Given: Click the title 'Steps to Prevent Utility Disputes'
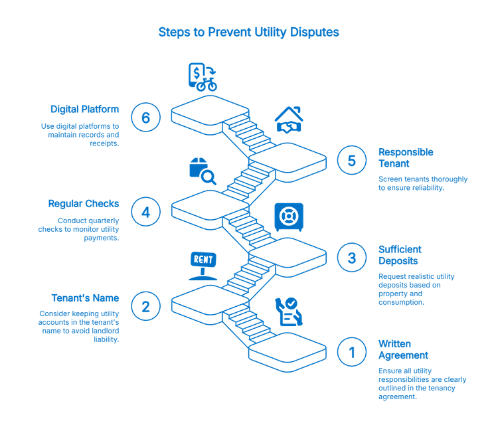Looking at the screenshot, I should [249, 32].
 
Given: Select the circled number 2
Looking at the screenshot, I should [145, 306].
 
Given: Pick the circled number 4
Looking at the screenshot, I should [145, 212].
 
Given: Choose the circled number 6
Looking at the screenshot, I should [145, 117].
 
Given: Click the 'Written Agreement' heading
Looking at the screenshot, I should [395, 349].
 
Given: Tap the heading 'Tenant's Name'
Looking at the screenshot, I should [85, 298].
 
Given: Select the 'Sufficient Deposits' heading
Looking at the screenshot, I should [400, 255].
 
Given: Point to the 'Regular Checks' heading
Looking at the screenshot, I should [83, 203].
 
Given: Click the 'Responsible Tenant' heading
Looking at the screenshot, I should [406, 157].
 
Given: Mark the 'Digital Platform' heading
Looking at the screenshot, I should [84, 109].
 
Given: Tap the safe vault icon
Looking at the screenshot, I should [290, 218].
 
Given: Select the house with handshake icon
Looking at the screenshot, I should [289, 120].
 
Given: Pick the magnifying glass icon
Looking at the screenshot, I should [203, 171].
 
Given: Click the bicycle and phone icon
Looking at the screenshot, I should [202, 76].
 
